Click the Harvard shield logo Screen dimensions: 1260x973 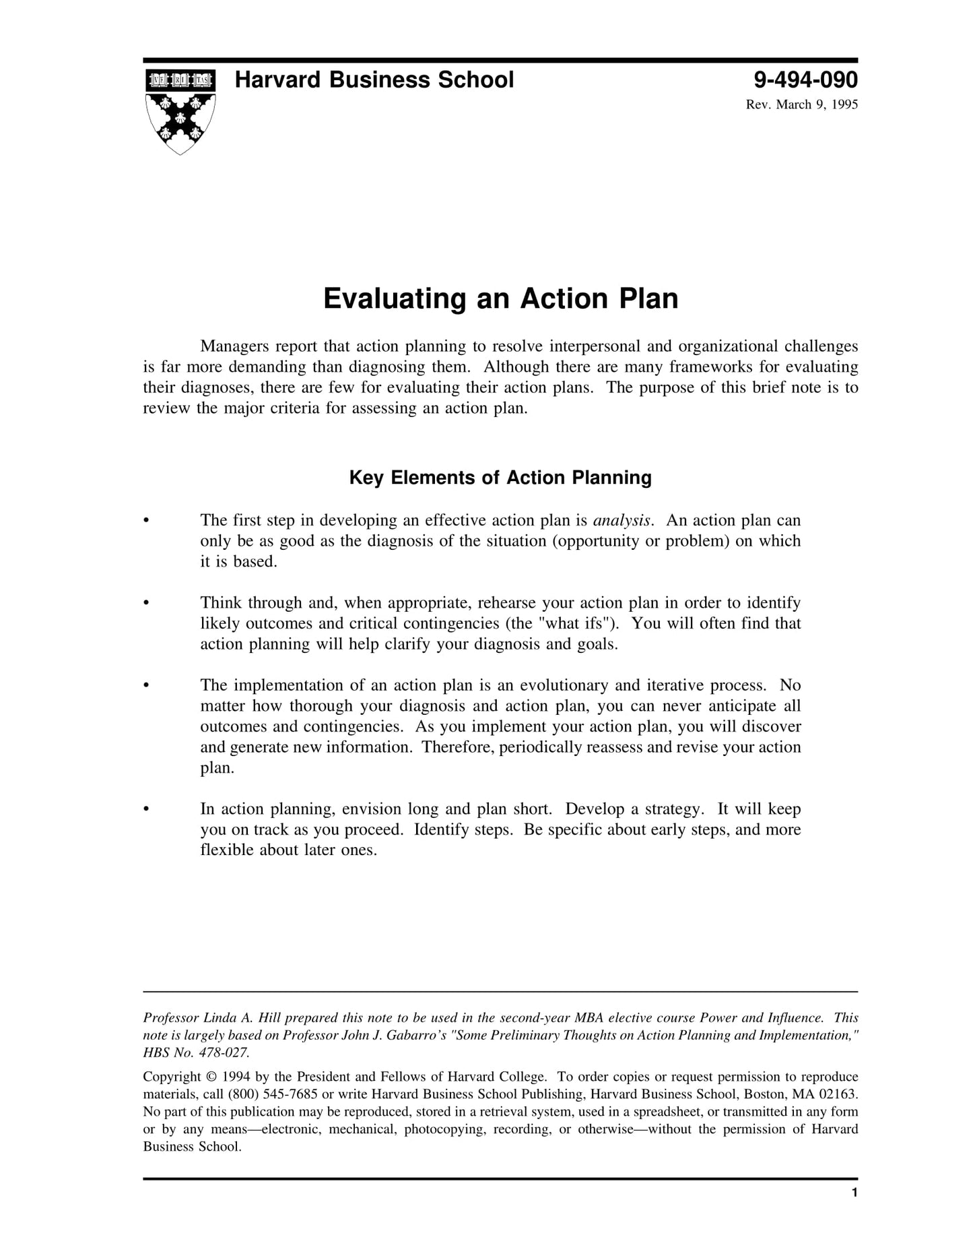[180, 111]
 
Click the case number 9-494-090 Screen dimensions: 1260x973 [805, 80]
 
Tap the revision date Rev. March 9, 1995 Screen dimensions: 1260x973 [801, 104]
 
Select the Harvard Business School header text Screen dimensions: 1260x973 [374, 80]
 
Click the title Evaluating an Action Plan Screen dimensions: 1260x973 [500, 299]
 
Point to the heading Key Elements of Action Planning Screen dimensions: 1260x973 [500, 478]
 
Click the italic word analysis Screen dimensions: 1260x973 [622, 520]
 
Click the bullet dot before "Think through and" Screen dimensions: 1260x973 [145, 603]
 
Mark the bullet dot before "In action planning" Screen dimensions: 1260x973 [145, 809]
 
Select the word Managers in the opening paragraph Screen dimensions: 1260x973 [234, 346]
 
